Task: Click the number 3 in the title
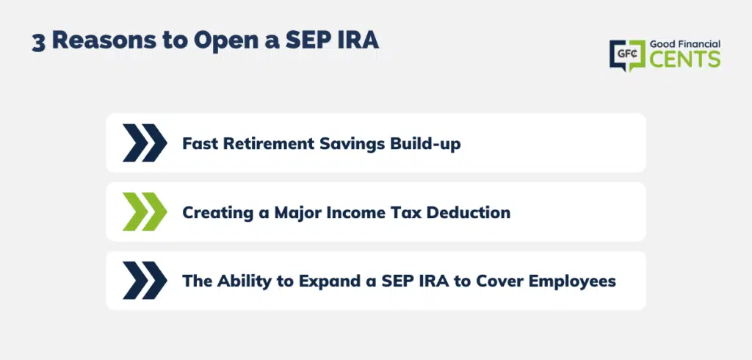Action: (x=38, y=42)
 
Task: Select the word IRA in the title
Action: (x=361, y=40)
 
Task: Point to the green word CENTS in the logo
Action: (x=685, y=59)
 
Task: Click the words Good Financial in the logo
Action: (x=685, y=44)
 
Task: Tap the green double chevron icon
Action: (x=145, y=212)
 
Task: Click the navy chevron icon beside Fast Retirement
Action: (x=145, y=143)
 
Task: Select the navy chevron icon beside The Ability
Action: (x=145, y=281)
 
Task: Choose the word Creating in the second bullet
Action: (x=217, y=212)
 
